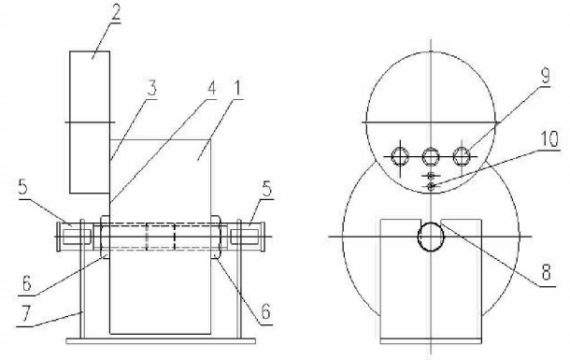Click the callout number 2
point(115,13)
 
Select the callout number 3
point(152,88)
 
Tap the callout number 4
point(211,88)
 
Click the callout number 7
point(25,314)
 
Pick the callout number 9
point(545,77)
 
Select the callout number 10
point(549,139)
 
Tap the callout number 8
point(547,271)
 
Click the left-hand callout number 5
point(23,186)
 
